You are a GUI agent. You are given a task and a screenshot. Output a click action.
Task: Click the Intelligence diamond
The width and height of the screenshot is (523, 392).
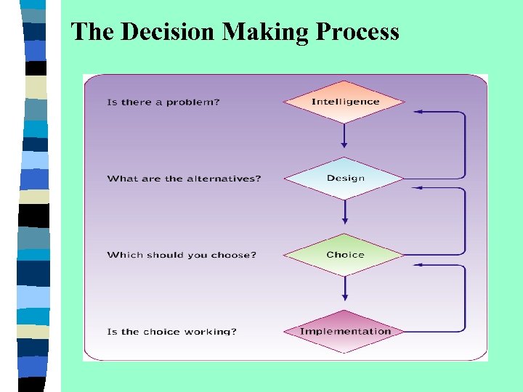coord(345,102)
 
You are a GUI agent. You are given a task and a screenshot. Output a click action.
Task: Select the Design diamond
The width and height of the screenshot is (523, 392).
coord(345,179)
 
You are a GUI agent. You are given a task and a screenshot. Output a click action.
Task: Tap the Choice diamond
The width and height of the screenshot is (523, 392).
coord(345,255)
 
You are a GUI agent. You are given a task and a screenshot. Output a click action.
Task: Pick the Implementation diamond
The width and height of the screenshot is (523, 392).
coord(345,332)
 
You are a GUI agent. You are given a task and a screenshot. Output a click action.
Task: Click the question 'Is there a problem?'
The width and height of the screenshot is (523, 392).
coord(163,102)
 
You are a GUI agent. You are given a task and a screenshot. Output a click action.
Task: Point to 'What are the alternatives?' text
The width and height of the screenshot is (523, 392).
coord(184,179)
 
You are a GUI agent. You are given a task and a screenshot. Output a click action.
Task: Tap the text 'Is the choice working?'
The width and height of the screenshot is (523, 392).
coord(171,332)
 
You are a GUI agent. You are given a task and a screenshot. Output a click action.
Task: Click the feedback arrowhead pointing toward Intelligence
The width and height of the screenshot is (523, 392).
coord(418,112)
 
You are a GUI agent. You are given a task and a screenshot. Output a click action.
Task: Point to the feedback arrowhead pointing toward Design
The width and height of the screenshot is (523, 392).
coord(418,188)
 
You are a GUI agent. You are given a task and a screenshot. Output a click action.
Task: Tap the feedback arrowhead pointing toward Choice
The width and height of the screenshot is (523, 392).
coord(418,264)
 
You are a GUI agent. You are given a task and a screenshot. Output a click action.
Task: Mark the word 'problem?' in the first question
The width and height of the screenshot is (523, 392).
coord(192,102)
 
